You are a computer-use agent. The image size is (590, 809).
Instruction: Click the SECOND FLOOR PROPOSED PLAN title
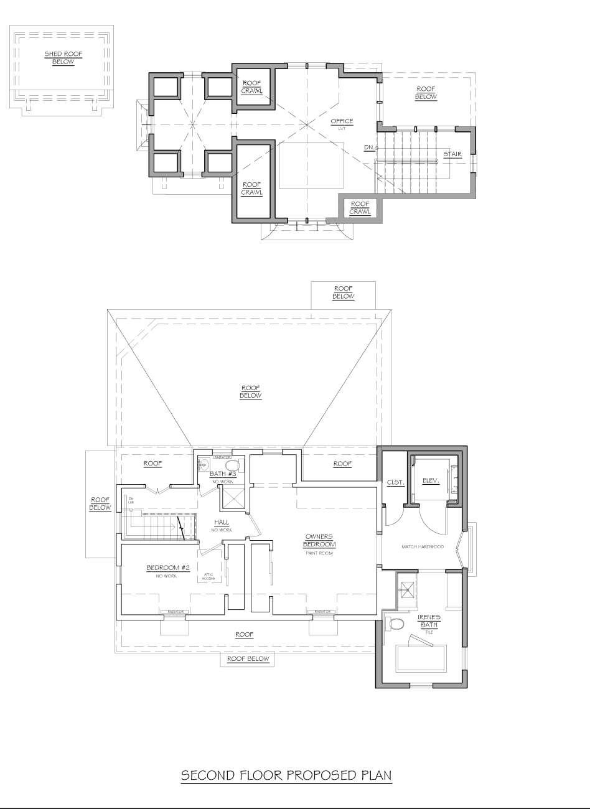tap(286, 775)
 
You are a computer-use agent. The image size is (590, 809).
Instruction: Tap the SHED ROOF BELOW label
tap(63, 58)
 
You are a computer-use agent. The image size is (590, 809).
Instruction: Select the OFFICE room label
tap(342, 122)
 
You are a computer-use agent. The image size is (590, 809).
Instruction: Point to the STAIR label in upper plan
tap(452, 154)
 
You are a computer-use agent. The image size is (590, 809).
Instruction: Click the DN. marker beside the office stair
tap(370, 147)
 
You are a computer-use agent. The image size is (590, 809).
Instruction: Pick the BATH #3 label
tap(222, 474)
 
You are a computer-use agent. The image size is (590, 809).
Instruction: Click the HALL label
tap(222, 522)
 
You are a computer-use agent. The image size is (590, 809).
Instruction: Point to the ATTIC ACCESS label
tap(208, 577)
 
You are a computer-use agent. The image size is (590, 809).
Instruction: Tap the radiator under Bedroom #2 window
tap(175, 612)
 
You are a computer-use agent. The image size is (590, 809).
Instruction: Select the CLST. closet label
tap(396, 482)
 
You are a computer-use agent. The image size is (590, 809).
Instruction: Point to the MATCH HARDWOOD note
tap(422, 547)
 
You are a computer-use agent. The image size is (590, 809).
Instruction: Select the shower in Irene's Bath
tap(408, 587)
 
